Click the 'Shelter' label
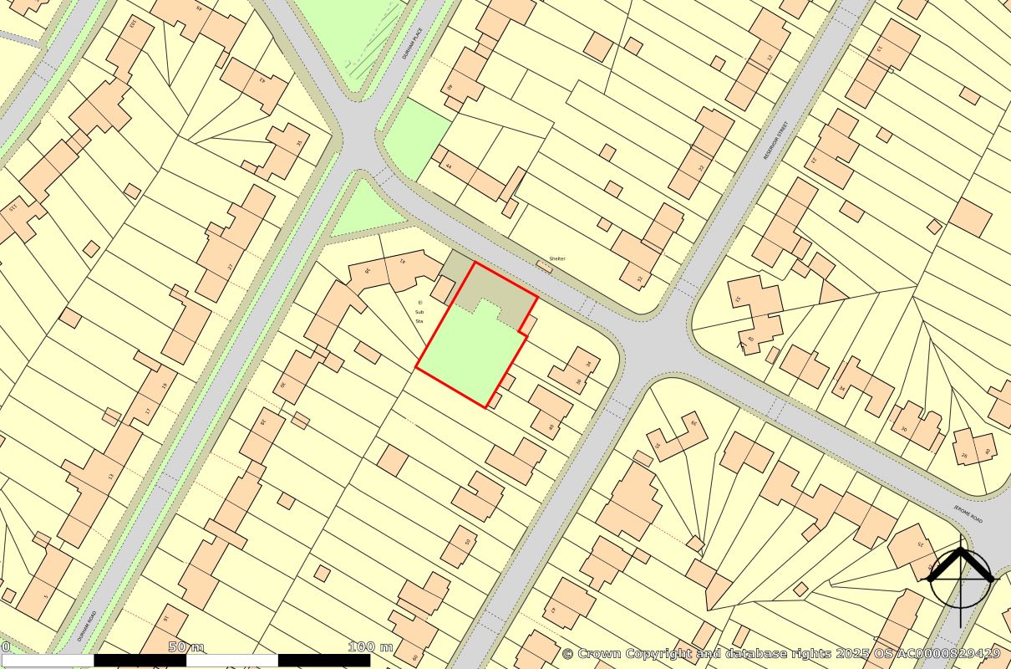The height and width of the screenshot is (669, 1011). [557, 258]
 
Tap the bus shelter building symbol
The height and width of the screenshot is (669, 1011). [544, 266]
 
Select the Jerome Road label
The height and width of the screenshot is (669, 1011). [968, 513]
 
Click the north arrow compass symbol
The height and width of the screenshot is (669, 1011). [961, 577]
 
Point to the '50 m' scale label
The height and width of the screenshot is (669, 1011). [185, 646]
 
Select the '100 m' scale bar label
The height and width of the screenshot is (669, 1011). [370, 646]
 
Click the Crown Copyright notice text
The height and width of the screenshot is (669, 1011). [780, 653]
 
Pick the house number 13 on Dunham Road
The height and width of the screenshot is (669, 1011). [109, 477]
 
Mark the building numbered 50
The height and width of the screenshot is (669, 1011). [467, 542]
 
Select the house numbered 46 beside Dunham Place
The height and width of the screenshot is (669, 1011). [449, 87]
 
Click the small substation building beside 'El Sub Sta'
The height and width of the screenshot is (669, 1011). [442, 290]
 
